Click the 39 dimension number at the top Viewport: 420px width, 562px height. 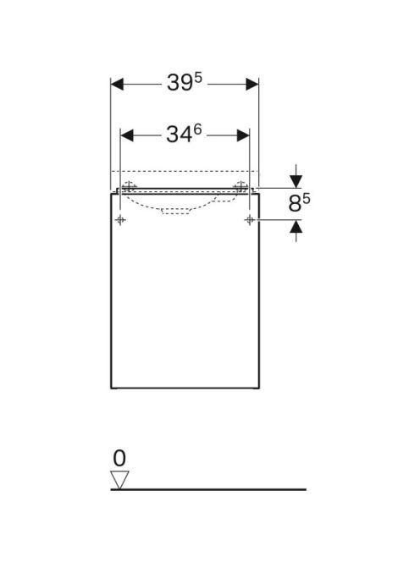(x=180, y=83)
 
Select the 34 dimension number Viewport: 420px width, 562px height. (x=179, y=135)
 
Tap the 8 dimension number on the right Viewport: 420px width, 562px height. (x=295, y=204)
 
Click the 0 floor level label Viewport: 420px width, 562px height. (x=119, y=458)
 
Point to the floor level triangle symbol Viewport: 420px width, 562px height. (x=119, y=480)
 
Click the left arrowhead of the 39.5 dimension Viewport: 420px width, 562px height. (x=118, y=85)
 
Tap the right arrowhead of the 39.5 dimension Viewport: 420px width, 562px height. (x=251, y=85)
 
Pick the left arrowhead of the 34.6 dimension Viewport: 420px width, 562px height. (x=127, y=135)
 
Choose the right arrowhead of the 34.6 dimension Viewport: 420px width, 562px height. (x=243, y=135)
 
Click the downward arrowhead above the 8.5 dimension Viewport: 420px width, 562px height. (x=296, y=181)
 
